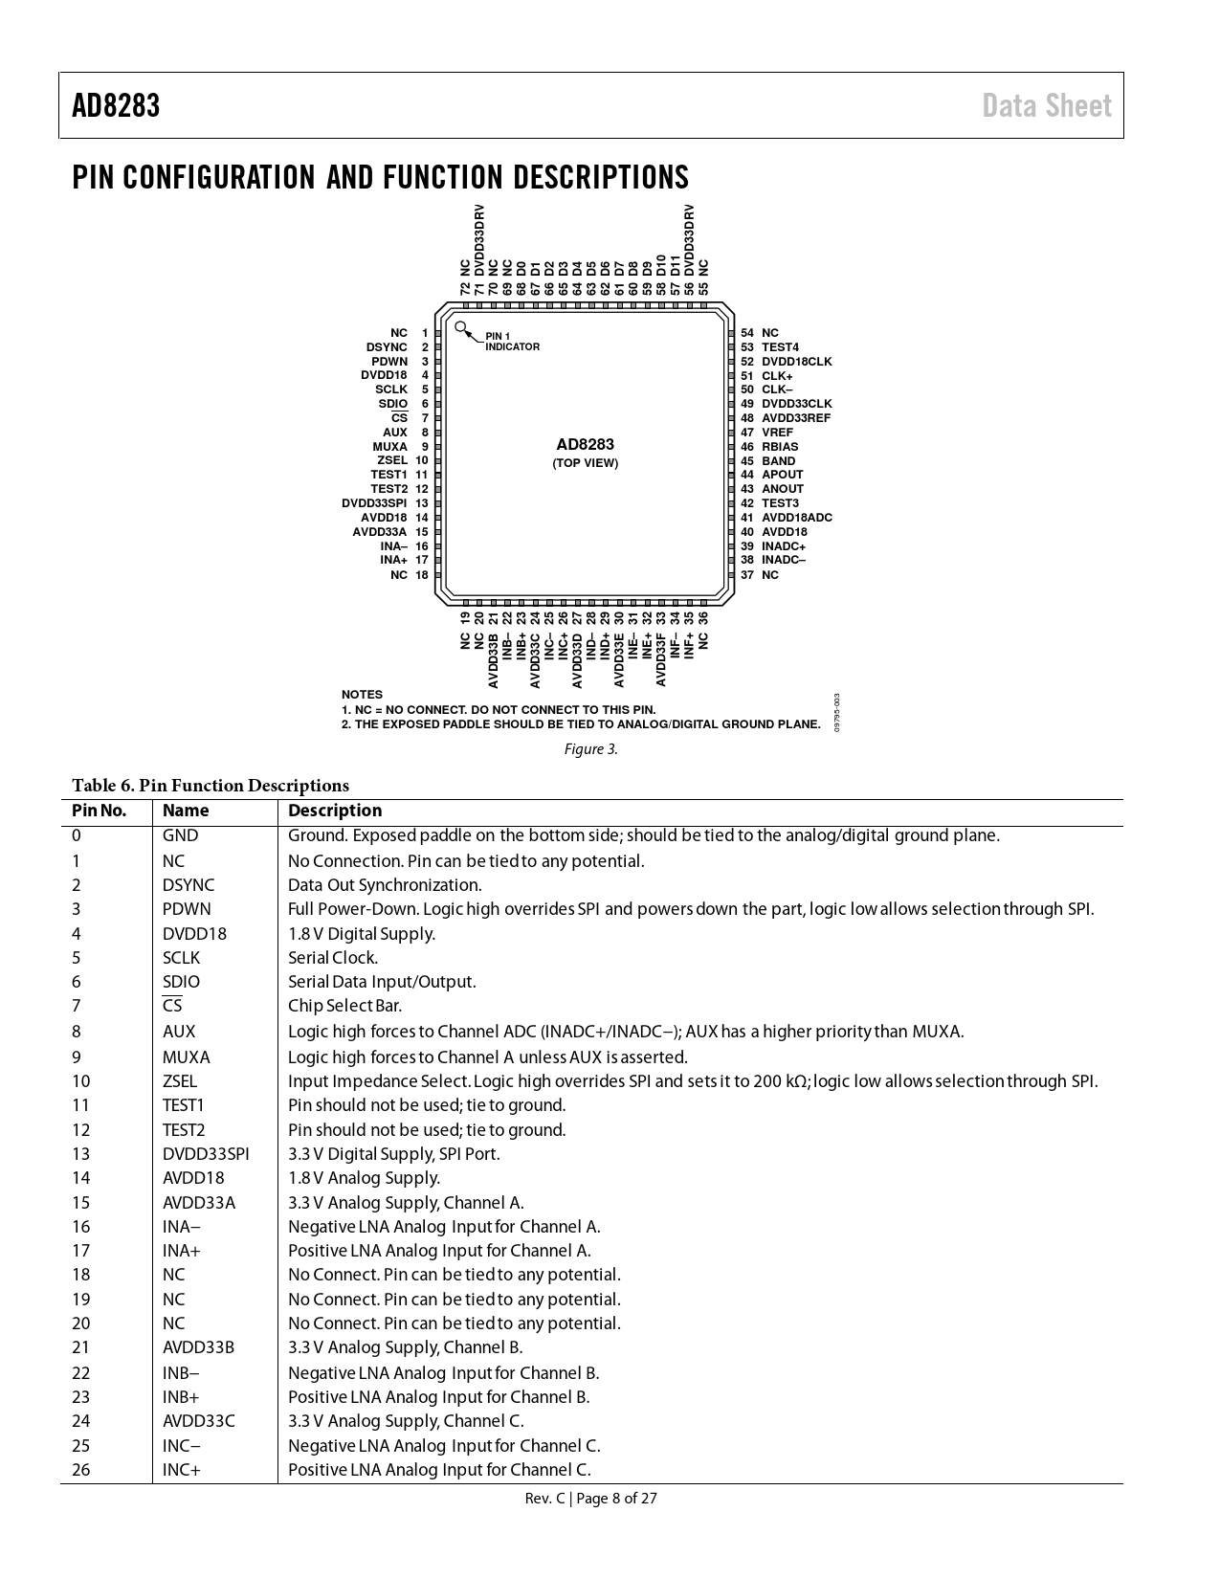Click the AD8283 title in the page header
116,105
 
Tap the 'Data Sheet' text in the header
1046,105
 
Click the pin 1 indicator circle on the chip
461,327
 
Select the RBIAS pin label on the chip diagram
779,447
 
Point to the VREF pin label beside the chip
777,433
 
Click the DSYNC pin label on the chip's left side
387,347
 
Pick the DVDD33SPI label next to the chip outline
374,503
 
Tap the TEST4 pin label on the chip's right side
780,347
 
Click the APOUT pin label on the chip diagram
782,475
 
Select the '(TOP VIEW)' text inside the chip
585,463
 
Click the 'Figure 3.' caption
590,748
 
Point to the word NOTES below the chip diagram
362,695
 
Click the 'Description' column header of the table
334,811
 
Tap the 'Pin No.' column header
99,811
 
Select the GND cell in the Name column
180,835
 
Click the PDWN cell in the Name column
187,909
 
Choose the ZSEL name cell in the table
180,1081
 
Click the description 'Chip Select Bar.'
344,1006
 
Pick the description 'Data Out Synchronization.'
385,885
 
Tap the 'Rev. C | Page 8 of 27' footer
590,1499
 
